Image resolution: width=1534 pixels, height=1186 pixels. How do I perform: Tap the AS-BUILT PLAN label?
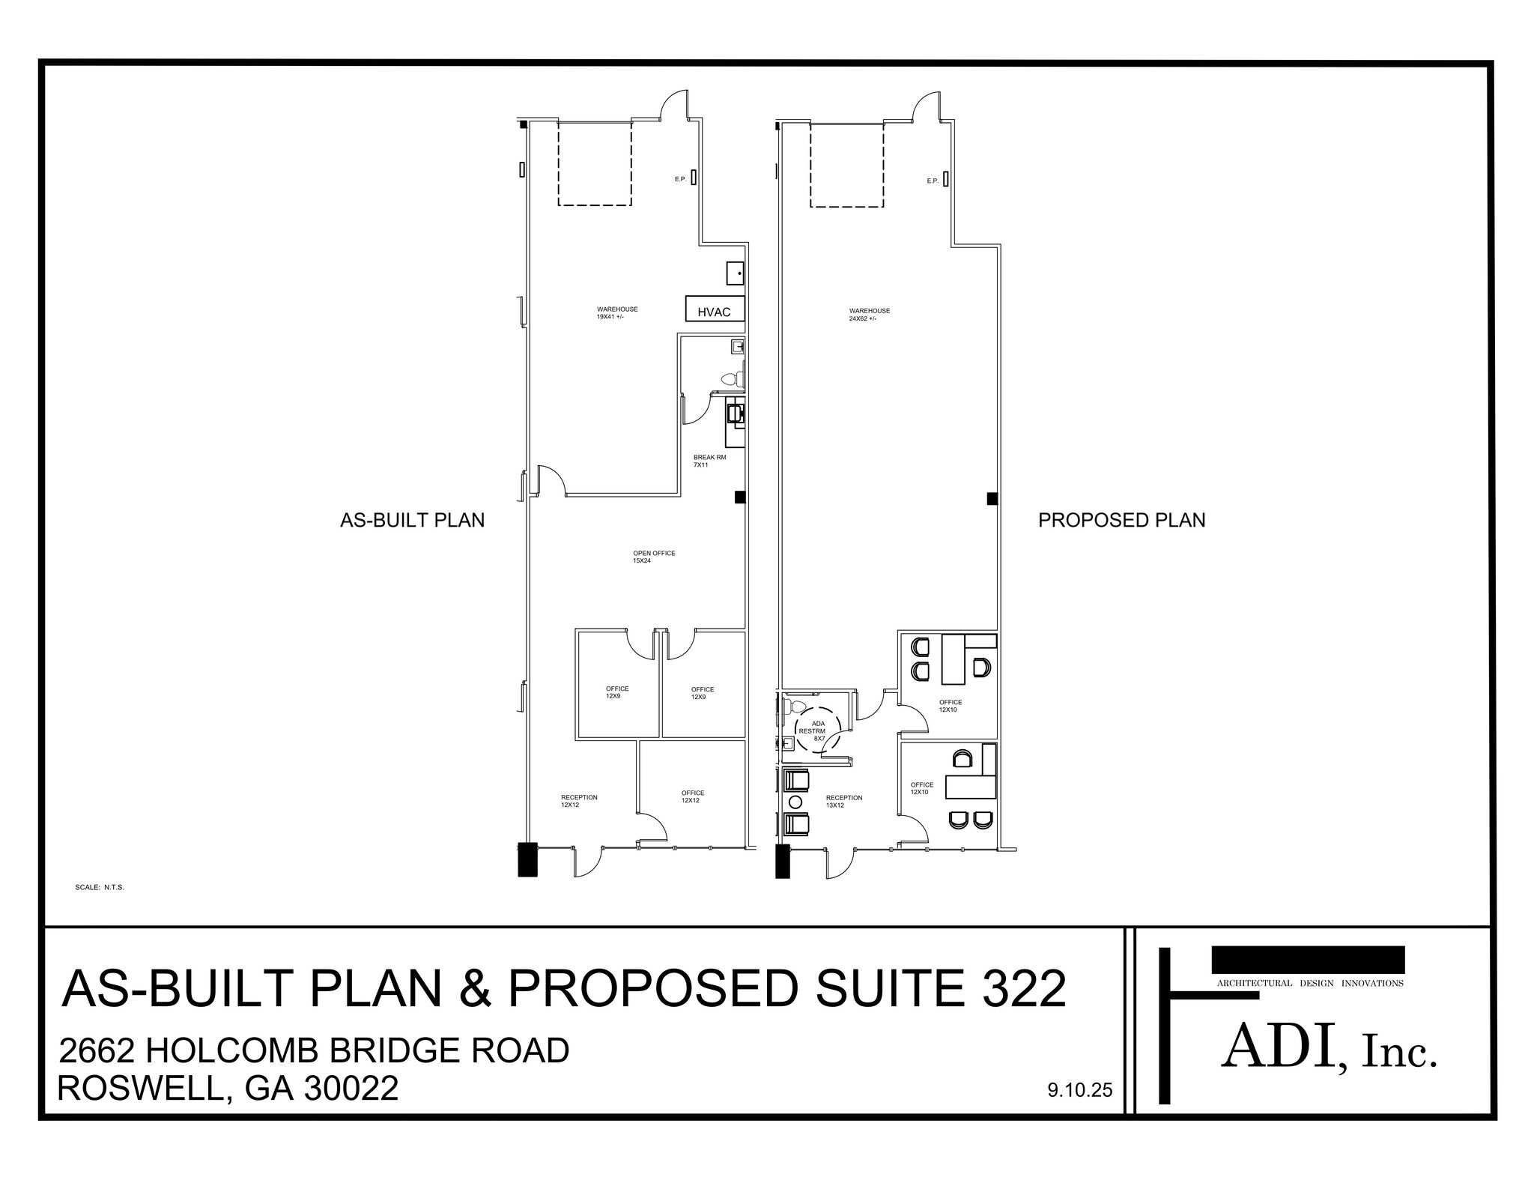pyautogui.click(x=412, y=520)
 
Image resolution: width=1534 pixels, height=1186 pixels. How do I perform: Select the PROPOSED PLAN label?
pyautogui.click(x=1121, y=520)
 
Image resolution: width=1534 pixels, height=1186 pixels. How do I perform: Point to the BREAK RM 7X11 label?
pyautogui.click(x=709, y=461)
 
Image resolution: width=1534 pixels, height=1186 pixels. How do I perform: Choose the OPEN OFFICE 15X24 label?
pyautogui.click(x=653, y=557)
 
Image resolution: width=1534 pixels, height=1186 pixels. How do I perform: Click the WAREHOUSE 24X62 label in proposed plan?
pyautogui.click(x=869, y=314)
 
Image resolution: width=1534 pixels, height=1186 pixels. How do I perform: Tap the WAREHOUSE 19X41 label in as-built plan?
pyautogui.click(x=616, y=312)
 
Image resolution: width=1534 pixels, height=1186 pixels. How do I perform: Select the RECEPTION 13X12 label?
pyautogui.click(x=843, y=801)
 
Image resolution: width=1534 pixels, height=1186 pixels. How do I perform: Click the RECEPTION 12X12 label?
pyautogui.click(x=579, y=801)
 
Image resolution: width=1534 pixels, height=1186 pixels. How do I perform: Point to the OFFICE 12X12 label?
pyautogui.click(x=692, y=796)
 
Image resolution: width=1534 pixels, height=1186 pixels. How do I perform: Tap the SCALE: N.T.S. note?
pyautogui.click(x=99, y=887)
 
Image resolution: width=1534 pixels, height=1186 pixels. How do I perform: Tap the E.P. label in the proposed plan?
pyautogui.click(x=932, y=181)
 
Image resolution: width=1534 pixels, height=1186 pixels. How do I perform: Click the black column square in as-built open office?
pyautogui.click(x=739, y=497)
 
